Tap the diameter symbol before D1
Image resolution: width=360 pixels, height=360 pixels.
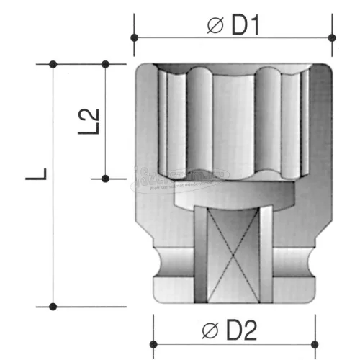pos(215,26)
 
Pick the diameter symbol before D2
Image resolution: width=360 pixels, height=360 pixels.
pos(210,332)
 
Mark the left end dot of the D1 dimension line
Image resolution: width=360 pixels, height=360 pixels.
pos(134,37)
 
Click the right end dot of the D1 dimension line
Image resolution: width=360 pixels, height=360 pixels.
pos(331,37)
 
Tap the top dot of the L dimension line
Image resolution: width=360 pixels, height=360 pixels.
pos(53,65)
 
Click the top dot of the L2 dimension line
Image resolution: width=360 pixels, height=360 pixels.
pos(105,65)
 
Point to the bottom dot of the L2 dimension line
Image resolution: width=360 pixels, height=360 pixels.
pos(105,178)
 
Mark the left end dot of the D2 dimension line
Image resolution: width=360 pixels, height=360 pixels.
pos(153,343)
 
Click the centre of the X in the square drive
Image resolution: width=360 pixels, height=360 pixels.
pos(233,256)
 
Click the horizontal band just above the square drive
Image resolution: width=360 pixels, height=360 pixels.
pos(233,194)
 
